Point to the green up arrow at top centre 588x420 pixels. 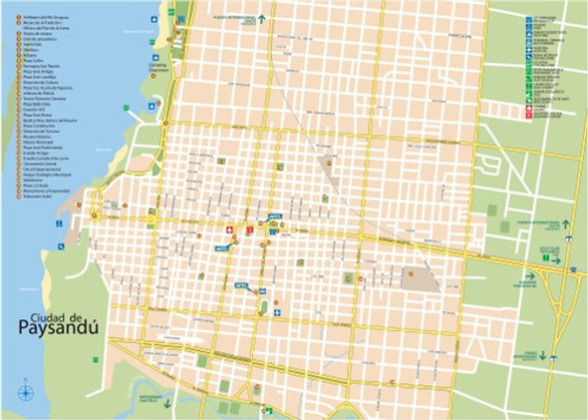tap(262, 18)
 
